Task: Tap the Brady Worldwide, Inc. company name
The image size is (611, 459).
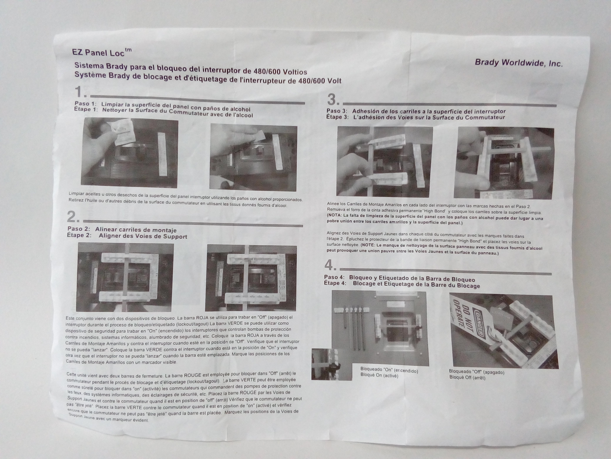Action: [x=518, y=63]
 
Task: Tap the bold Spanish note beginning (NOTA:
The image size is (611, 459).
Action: [x=435, y=220]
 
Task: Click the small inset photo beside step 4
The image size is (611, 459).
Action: [x=332, y=364]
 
